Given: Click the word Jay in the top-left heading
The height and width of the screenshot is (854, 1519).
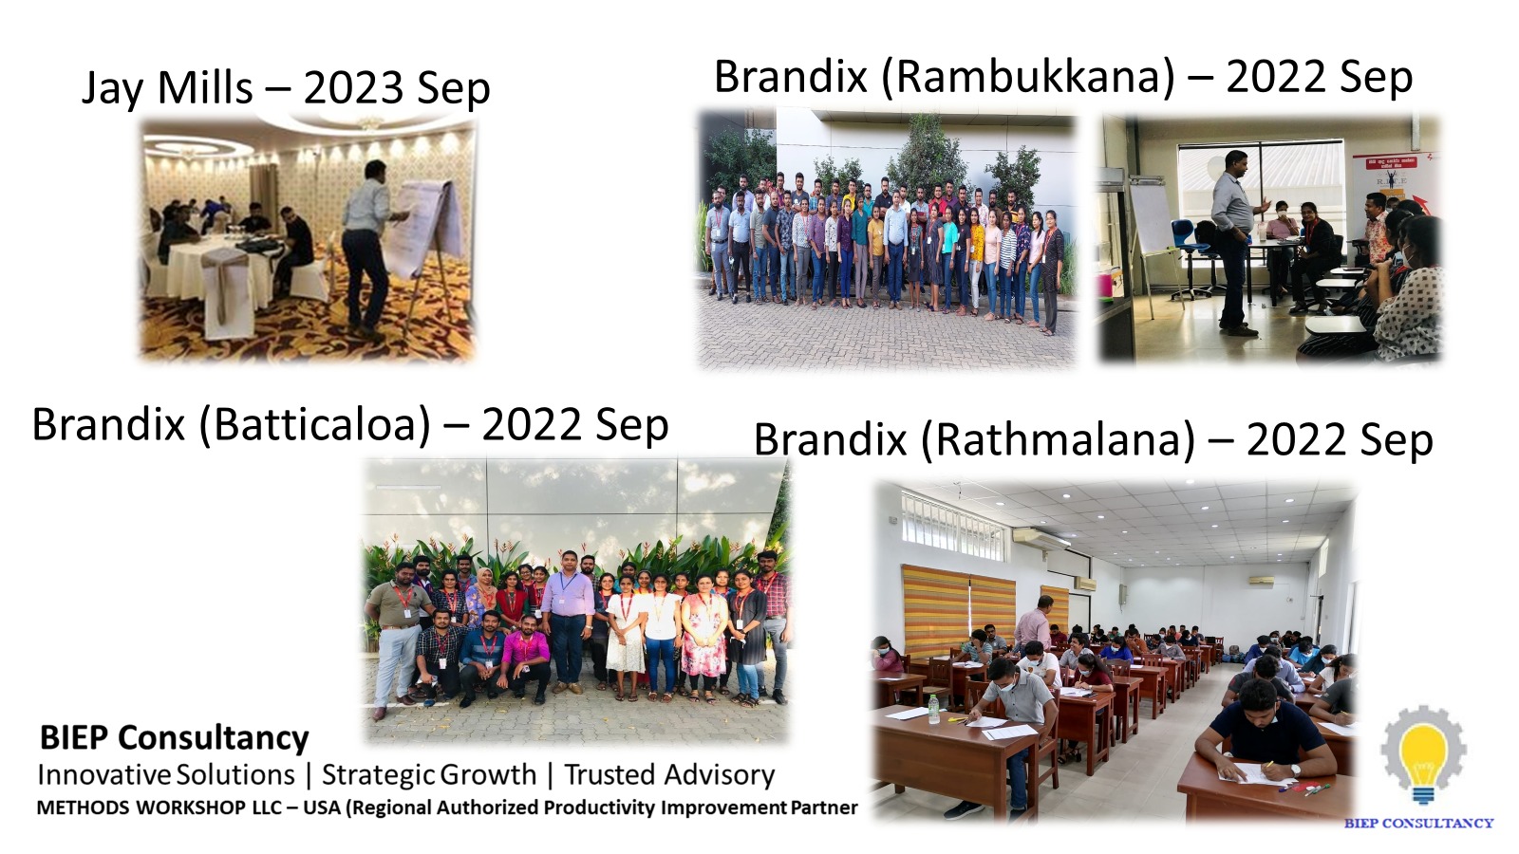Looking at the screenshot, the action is [111, 88].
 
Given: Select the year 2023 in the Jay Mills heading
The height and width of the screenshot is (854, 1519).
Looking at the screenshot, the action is [352, 88].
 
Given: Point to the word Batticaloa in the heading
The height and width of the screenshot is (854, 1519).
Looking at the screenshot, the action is [314, 425].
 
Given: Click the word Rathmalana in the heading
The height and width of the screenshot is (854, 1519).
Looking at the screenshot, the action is [1058, 440].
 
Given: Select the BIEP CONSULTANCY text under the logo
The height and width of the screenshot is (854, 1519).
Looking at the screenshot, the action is [1418, 824].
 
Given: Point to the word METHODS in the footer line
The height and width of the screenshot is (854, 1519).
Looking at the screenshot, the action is [83, 808].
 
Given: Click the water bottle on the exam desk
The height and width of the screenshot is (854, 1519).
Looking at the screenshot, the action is [934, 709].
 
